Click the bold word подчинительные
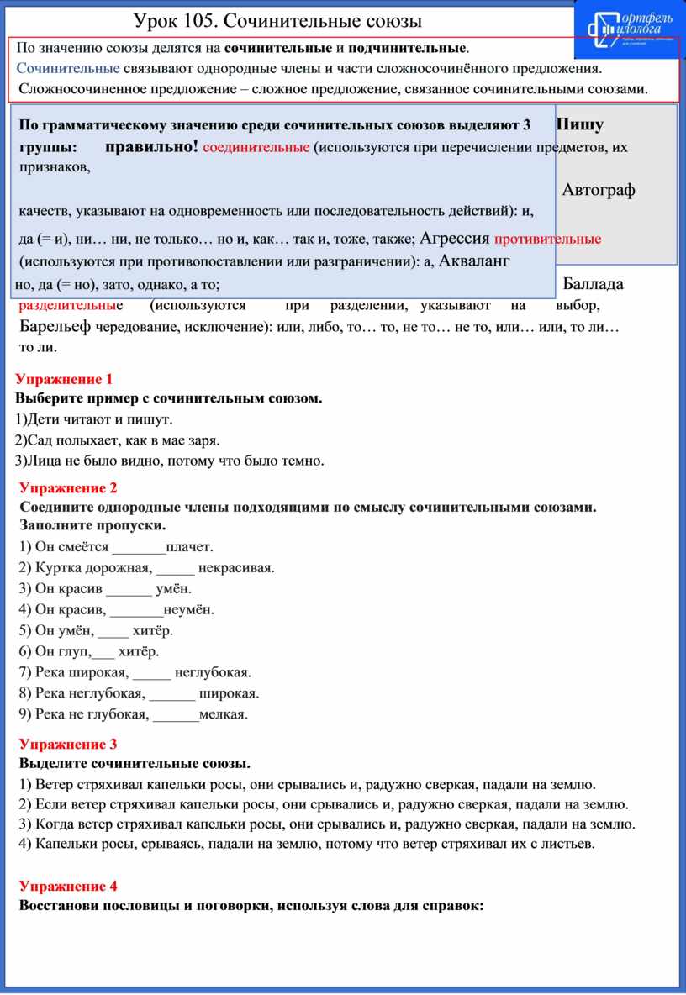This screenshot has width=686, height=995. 408,49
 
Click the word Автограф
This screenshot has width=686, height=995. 598,190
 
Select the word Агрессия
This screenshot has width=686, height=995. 455,238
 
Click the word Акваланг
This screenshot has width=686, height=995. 474,261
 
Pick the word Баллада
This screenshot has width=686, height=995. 594,283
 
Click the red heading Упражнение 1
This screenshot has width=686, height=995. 64,378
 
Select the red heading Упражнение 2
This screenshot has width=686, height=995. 69,488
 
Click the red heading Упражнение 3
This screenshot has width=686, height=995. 69,744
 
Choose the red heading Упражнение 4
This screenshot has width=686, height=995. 69,887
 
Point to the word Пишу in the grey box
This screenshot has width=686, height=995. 580,124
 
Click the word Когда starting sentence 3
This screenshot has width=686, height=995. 54,824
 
